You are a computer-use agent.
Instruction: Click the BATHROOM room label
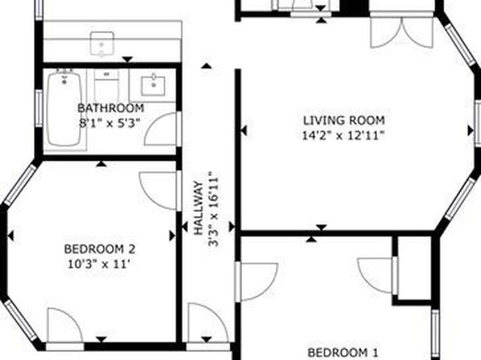(x=111, y=108)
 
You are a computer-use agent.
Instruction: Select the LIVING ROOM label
(x=344, y=120)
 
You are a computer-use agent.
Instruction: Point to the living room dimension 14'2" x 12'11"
(x=343, y=135)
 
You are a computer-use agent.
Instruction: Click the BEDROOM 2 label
(x=99, y=249)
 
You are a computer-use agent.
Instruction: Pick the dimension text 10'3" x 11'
(x=98, y=264)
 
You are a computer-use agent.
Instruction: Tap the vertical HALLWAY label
(x=199, y=208)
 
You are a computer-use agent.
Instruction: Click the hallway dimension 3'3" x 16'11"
(x=214, y=209)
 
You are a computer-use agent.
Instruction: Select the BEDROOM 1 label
(x=343, y=353)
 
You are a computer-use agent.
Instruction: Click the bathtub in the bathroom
(x=65, y=109)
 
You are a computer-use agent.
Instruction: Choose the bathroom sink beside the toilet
(x=153, y=86)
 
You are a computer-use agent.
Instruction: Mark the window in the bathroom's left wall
(x=39, y=108)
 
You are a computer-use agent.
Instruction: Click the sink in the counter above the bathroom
(x=102, y=44)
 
